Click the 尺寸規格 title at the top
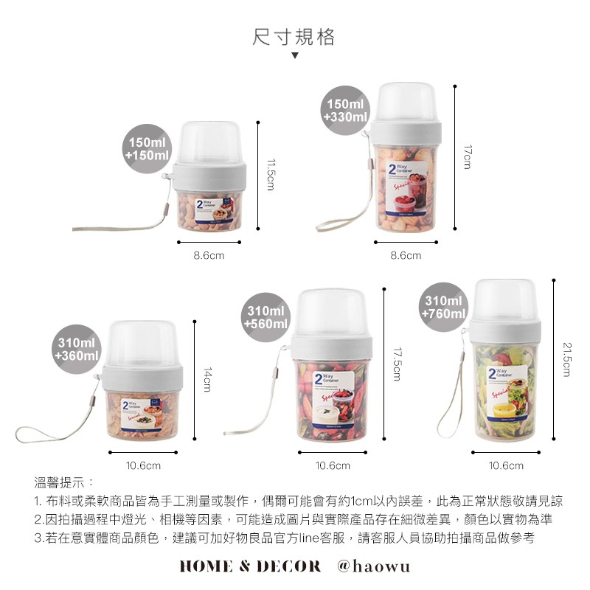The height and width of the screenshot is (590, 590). coord(294,37)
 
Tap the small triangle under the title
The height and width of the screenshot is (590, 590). coord(294,56)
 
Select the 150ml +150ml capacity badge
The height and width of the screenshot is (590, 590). coord(147,148)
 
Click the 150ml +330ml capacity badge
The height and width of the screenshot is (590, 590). coord(346,111)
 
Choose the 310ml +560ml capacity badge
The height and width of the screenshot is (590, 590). coord(265,318)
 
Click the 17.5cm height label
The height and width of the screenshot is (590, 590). coord(396,364)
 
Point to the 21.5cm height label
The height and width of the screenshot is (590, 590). coord(566,358)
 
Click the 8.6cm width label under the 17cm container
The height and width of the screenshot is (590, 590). coord(405,255)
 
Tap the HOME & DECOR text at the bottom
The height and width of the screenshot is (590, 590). coord(250,566)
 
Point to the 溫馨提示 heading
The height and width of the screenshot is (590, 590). coord(63,483)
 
